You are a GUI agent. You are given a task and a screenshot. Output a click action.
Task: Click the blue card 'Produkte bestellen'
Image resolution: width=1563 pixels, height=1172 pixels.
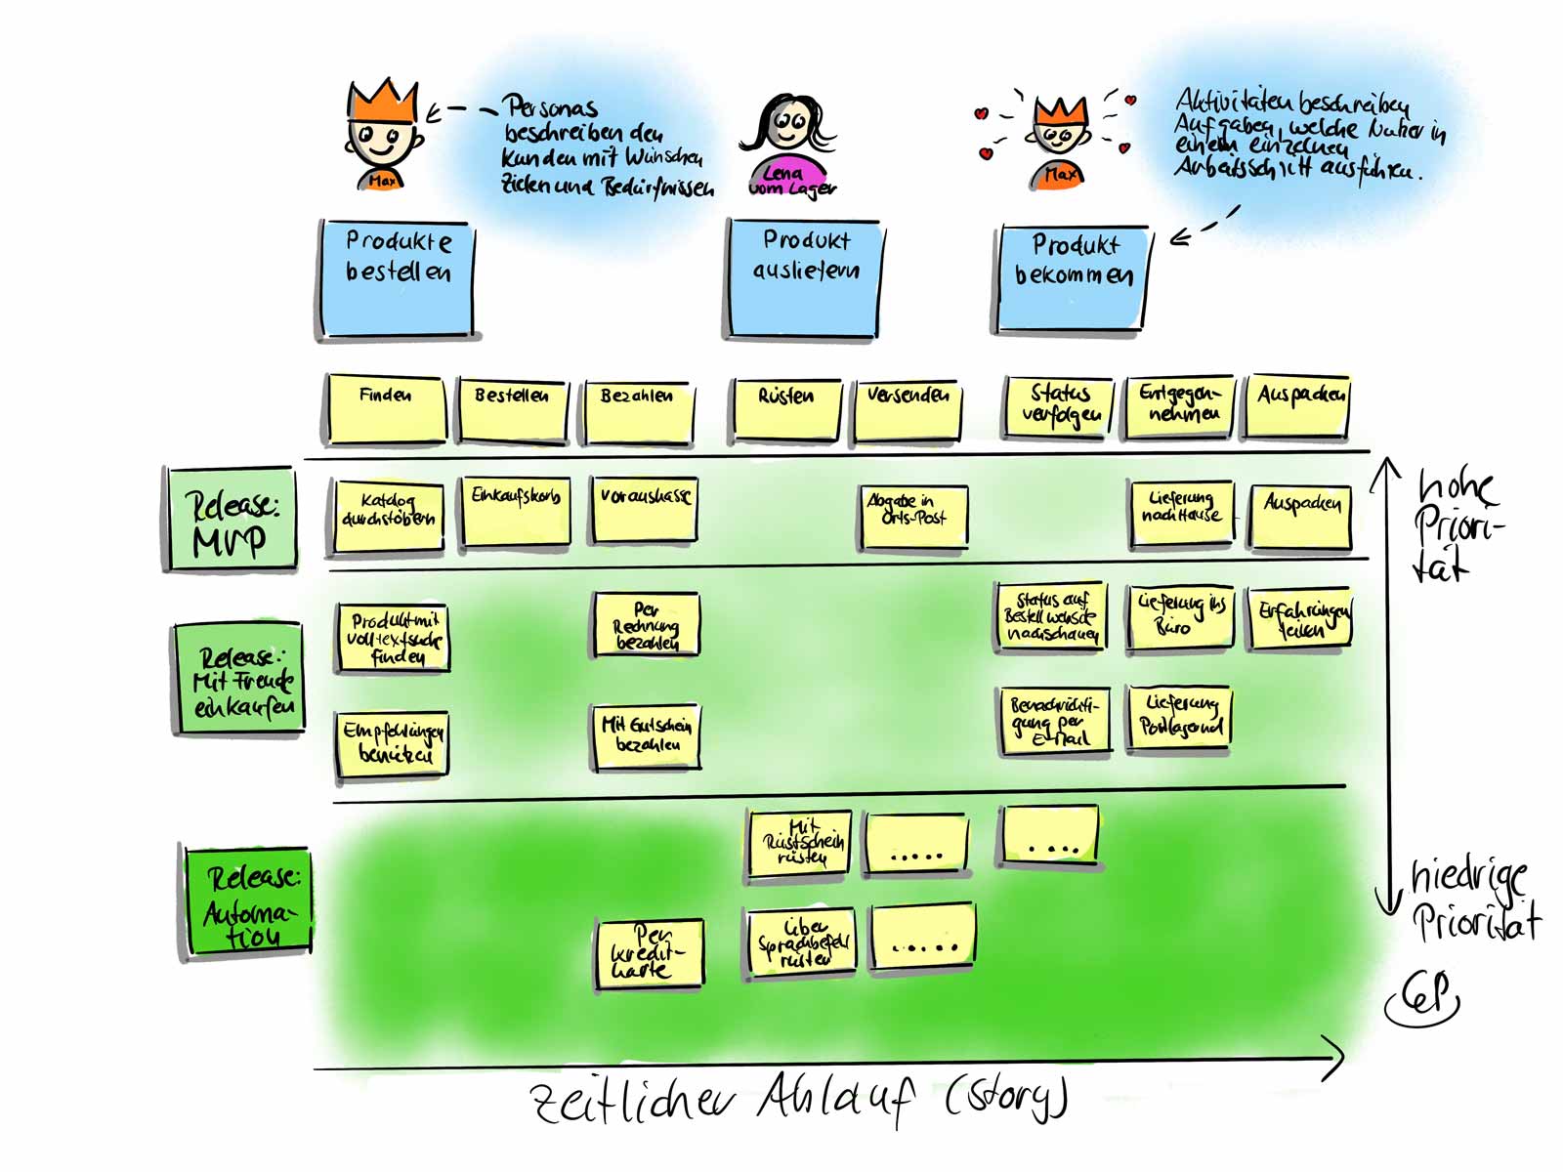point(397,279)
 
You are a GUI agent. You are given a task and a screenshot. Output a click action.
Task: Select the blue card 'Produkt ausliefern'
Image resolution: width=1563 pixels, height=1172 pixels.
point(803,279)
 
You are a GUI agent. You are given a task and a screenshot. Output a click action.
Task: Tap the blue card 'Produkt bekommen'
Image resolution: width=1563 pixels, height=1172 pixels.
point(1072,279)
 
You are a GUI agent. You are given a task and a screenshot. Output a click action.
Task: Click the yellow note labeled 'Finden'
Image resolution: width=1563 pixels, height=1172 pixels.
point(385,407)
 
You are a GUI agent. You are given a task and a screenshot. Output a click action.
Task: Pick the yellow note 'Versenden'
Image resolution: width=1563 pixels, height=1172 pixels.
point(907,409)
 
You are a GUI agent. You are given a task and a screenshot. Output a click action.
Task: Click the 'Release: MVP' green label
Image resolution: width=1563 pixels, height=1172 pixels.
point(232,519)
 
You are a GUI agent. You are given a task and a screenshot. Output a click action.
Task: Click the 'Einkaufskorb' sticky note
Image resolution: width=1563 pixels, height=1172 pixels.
point(515,510)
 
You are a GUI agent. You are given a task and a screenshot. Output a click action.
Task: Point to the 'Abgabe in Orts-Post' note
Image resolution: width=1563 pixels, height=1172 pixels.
point(913,516)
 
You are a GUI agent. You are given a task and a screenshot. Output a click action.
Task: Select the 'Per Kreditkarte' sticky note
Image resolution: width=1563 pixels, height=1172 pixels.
point(648,953)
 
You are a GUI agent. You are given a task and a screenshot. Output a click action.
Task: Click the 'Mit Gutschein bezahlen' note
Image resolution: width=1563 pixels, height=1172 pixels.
point(646,735)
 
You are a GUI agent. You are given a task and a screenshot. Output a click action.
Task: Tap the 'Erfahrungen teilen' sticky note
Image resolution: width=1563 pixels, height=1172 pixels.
point(1302,619)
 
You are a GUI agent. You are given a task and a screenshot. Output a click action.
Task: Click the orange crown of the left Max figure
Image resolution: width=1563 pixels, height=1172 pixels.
point(384,101)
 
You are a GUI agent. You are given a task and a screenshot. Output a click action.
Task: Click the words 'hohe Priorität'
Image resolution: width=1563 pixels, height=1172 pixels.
point(1457,524)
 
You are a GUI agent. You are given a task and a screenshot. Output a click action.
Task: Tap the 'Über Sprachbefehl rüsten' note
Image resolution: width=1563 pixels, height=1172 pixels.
point(802,943)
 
